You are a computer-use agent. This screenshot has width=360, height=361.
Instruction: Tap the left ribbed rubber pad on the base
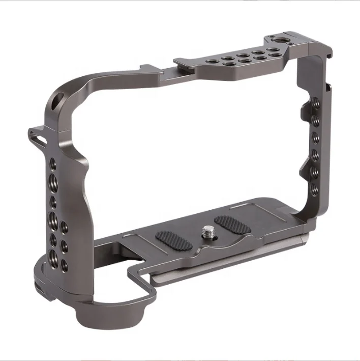(173, 240)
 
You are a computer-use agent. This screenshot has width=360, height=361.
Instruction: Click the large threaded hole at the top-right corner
(279, 41)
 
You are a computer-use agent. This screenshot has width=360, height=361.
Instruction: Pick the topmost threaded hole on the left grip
(53, 164)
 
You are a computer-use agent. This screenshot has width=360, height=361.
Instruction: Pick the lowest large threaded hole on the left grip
(53, 255)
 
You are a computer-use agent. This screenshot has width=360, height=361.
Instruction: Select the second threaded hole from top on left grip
(53, 179)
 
